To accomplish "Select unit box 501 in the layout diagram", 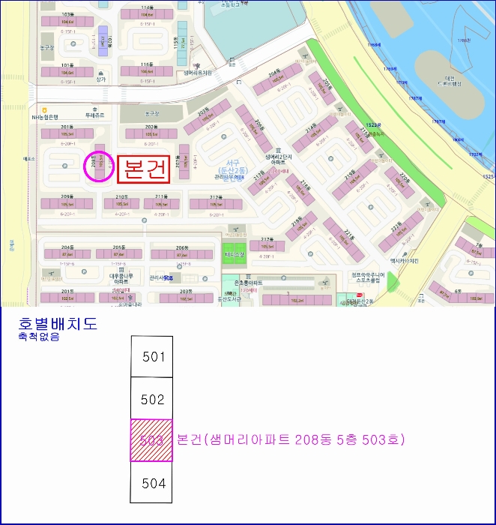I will (x=152, y=356).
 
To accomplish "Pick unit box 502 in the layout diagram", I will (x=152, y=399).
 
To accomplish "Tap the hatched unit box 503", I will (x=152, y=440).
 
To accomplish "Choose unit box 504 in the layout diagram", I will (x=152, y=482).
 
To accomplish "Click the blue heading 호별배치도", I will (x=58, y=325).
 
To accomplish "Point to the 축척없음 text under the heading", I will (x=38, y=337).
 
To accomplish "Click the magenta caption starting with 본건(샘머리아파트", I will (x=291, y=439).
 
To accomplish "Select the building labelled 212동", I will (x=216, y=204).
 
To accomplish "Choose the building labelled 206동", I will (x=182, y=254).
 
